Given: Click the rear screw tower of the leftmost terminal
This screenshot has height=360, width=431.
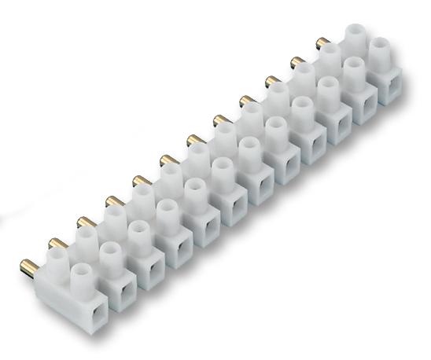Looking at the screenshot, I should pyautogui.click(x=59, y=258).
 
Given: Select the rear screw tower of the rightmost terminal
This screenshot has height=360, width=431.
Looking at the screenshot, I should pyautogui.click(x=356, y=35).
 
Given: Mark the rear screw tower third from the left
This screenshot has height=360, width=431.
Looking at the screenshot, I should pyautogui.click(x=116, y=217).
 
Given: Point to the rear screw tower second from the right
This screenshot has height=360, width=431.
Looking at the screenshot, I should pyautogui.click(x=329, y=56).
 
